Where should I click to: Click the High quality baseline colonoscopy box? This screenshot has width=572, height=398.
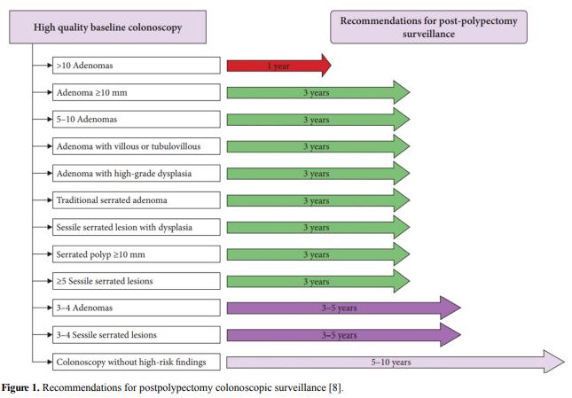(107, 27)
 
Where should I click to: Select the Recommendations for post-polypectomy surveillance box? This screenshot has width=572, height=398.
(428, 27)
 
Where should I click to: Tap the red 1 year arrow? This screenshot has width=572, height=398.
(279, 66)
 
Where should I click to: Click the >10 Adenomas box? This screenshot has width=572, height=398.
(137, 66)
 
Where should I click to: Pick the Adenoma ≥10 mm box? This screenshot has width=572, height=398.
(137, 92)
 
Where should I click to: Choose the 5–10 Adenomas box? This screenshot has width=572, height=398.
(137, 119)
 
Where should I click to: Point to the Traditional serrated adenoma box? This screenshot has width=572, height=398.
(137, 200)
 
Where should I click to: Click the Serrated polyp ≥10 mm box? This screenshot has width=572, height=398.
(137, 254)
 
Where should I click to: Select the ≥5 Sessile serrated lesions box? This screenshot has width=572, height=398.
(137, 281)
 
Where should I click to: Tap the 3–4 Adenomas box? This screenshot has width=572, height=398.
(137, 308)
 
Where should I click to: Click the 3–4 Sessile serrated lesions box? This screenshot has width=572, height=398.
(137, 334)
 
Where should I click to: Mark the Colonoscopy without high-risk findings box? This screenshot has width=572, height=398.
(137, 362)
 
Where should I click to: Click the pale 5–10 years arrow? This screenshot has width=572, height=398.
(396, 362)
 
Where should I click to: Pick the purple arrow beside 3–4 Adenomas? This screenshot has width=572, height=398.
(343, 308)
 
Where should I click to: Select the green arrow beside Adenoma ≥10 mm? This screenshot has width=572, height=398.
(318, 92)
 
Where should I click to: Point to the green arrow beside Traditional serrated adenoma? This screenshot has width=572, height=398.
(318, 200)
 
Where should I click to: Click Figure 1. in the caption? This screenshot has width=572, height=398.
(20, 387)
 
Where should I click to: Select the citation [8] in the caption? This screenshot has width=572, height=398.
(335, 387)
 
